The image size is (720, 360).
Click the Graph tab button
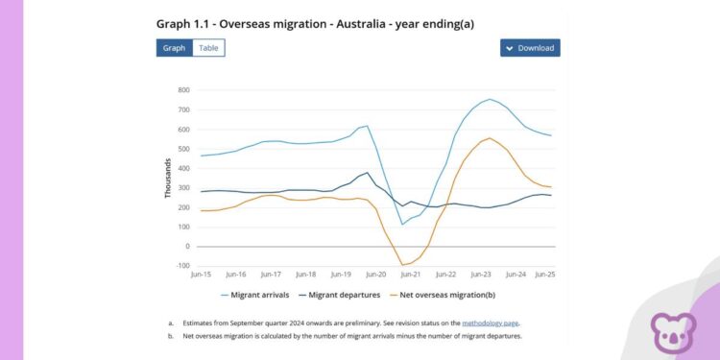[174, 48]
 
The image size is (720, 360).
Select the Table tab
[208, 48]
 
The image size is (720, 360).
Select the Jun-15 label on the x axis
[202, 275]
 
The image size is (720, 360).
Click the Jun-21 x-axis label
[412, 275]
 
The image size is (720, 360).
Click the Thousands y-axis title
[167, 178]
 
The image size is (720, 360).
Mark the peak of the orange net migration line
[490, 137]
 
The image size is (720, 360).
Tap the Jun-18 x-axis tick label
[306, 275]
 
